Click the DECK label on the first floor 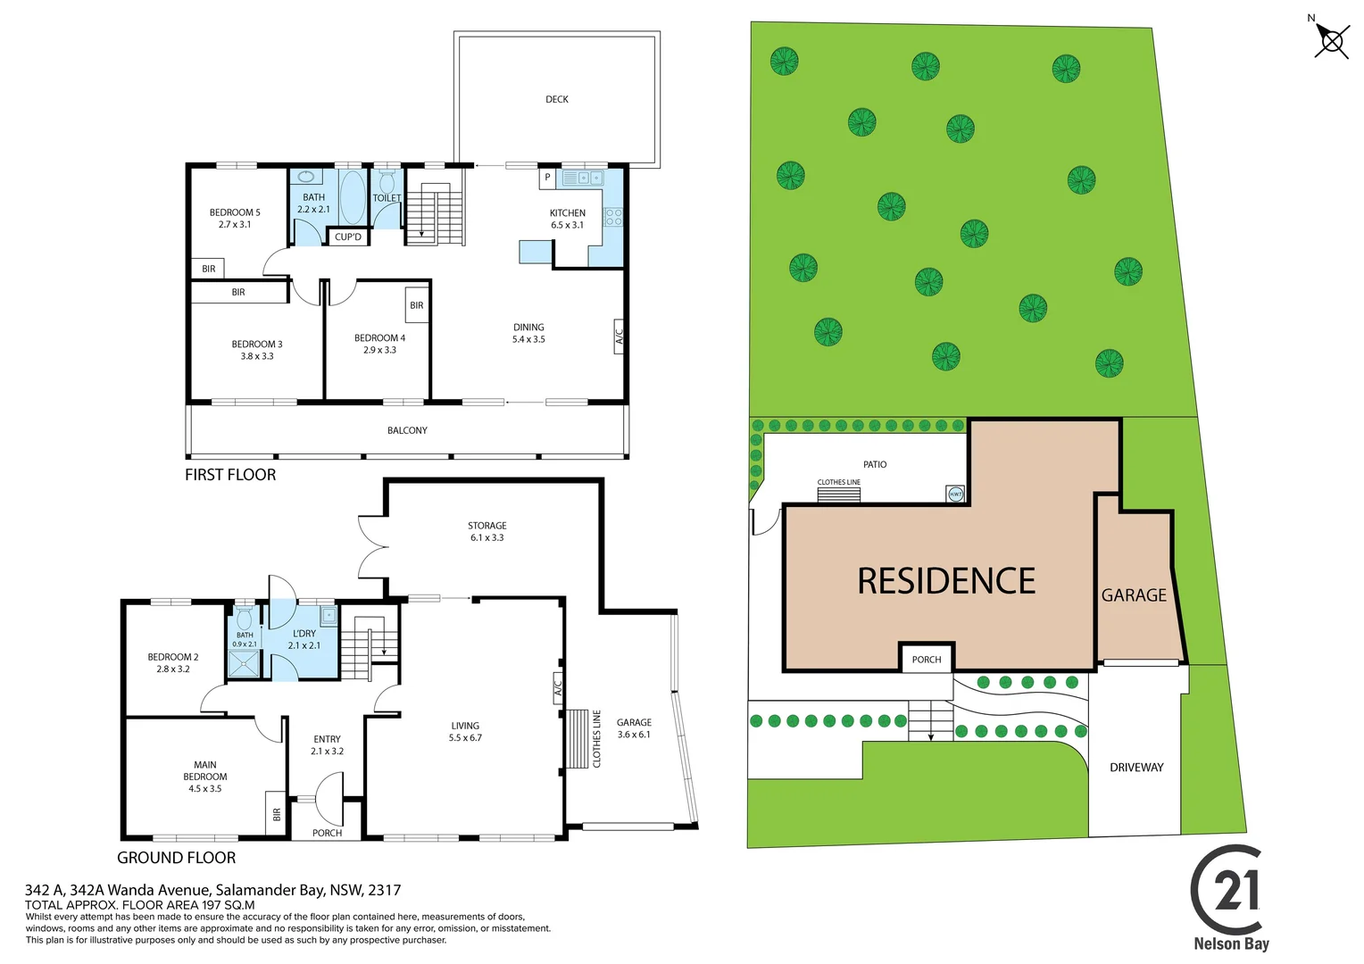point(557,99)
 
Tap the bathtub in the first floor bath point(353,197)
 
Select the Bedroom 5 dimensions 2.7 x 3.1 point(235,225)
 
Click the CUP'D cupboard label point(348,237)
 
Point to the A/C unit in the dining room point(619,337)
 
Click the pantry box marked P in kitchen point(547,178)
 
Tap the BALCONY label point(407,430)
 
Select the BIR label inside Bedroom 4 point(417,305)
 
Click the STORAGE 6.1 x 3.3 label point(487,532)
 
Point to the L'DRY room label point(304,634)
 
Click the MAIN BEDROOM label point(205,770)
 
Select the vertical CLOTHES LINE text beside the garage point(597,738)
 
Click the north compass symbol point(1331,40)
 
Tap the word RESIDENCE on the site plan point(946,581)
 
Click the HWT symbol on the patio point(955,494)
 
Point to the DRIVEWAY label point(1136,768)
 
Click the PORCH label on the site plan point(927,660)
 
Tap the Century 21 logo point(1229,893)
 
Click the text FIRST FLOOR point(230,475)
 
